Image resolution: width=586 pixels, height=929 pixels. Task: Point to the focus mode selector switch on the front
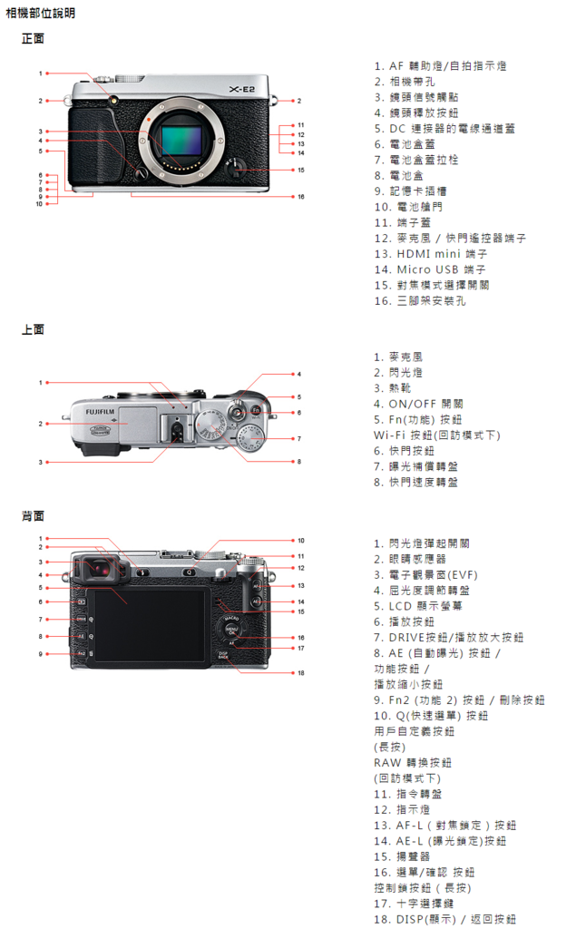coord(236,168)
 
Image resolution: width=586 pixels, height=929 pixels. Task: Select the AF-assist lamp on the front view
coord(114,97)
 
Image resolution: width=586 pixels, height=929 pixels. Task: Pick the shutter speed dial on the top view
coord(212,425)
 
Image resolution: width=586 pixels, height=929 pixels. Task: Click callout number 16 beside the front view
coord(300,196)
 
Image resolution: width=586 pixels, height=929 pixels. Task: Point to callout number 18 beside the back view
coord(300,672)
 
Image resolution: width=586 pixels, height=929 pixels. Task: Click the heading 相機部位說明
coord(41,14)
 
